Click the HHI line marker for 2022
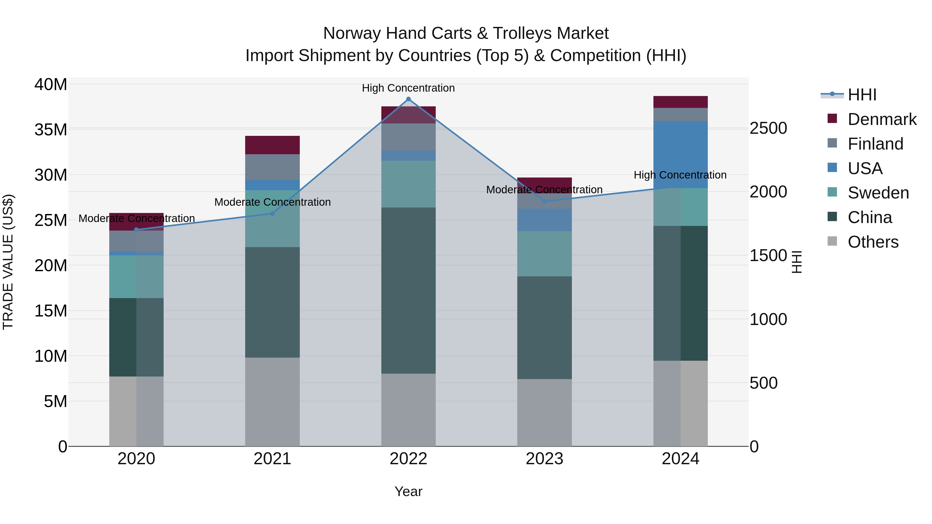click(409, 99)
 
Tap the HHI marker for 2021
click(272, 214)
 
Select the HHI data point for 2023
click(544, 201)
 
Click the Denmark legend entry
click(882, 119)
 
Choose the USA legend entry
click(865, 168)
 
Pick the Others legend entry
click(873, 242)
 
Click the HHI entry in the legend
click(862, 95)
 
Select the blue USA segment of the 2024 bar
click(681, 154)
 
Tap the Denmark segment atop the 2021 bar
click(272, 145)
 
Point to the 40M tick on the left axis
click(51, 85)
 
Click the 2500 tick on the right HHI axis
click(768, 128)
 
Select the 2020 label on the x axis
click(136, 459)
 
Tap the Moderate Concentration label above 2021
click(272, 202)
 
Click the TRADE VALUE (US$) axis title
click(8, 262)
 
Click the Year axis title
click(409, 491)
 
